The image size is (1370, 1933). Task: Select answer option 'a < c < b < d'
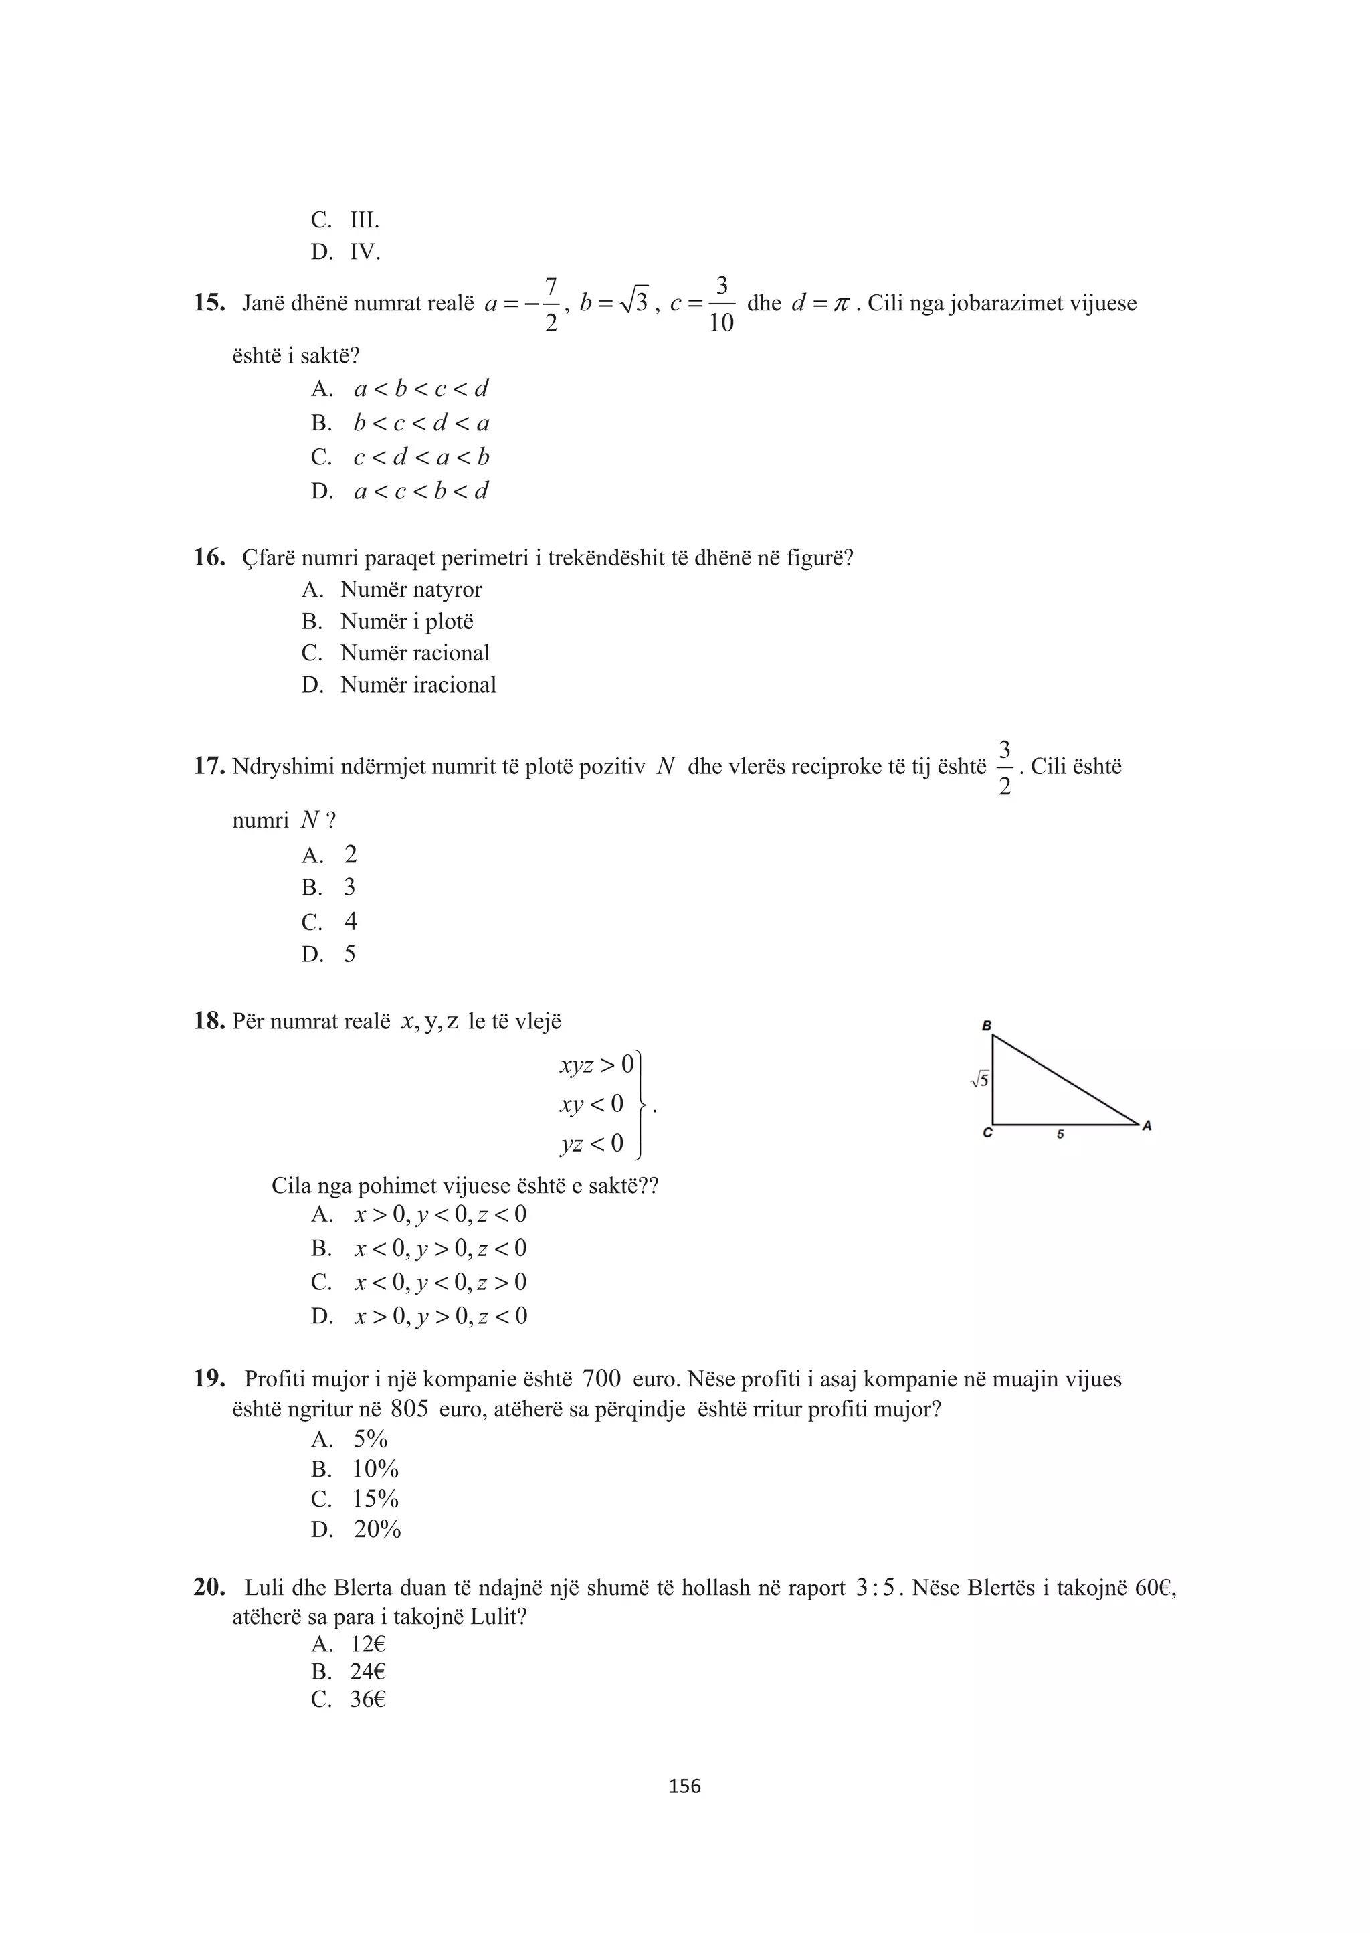pyautogui.click(x=420, y=491)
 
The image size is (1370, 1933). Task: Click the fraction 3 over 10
pyautogui.click(x=721, y=304)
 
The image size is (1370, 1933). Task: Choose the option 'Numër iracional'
pyautogui.click(x=417, y=684)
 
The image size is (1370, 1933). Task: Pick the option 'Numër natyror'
pyautogui.click(x=411, y=589)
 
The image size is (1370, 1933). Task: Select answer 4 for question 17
pyautogui.click(x=350, y=921)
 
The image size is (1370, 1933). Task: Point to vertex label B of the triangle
pyautogui.click(x=986, y=1026)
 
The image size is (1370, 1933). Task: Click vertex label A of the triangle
pyautogui.click(x=1147, y=1125)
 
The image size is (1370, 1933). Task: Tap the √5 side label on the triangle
pyautogui.click(x=979, y=1079)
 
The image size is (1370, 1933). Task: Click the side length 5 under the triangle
pyautogui.click(x=1060, y=1135)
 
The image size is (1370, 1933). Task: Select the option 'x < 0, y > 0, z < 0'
pyautogui.click(x=440, y=1248)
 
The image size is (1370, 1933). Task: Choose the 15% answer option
pyautogui.click(x=375, y=1499)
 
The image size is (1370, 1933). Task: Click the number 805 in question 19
pyautogui.click(x=410, y=1409)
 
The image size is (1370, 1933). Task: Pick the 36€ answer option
pyautogui.click(x=368, y=1699)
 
